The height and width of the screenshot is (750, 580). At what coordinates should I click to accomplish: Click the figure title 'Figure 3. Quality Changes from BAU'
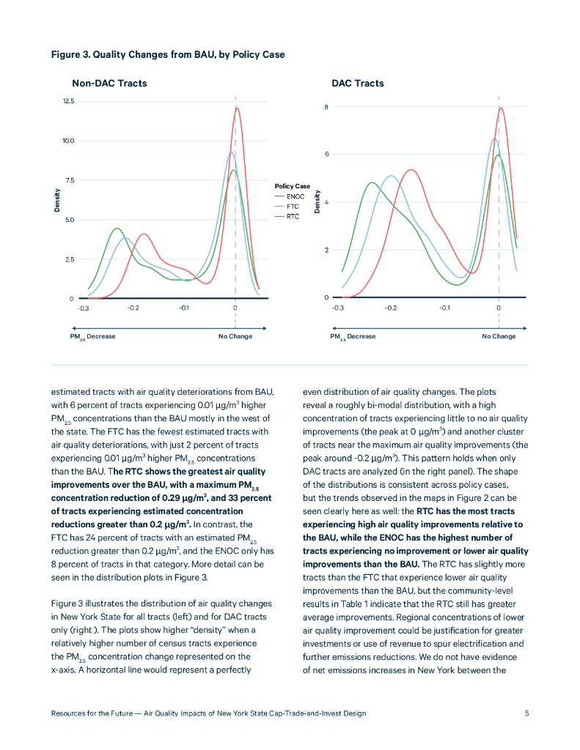pyautogui.click(x=168, y=55)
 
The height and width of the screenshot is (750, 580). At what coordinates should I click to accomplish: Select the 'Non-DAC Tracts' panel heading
pyautogui.click(x=109, y=83)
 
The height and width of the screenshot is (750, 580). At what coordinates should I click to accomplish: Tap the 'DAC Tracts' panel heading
pyautogui.click(x=357, y=83)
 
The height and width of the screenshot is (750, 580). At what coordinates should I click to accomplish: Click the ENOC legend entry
pyautogui.click(x=294, y=197)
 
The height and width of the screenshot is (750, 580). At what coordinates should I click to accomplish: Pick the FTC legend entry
pyautogui.click(x=293, y=207)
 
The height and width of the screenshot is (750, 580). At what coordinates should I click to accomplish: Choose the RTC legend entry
pyautogui.click(x=293, y=217)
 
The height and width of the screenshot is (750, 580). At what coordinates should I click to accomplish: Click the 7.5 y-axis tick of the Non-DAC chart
pyautogui.click(x=69, y=180)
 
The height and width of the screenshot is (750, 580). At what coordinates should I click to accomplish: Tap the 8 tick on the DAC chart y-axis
pyautogui.click(x=326, y=107)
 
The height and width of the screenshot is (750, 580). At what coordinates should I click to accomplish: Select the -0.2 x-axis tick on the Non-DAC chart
pyautogui.click(x=133, y=308)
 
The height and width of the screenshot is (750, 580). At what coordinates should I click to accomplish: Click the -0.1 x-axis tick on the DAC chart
pyautogui.click(x=444, y=308)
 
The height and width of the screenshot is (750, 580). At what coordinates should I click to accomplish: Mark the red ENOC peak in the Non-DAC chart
pyautogui.click(x=237, y=108)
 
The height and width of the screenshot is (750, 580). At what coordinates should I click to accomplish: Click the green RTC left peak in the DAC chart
pyautogui.click(x=372, y=183)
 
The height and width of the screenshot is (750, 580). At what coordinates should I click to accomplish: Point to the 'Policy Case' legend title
pyautogui.click(x=293, y=187)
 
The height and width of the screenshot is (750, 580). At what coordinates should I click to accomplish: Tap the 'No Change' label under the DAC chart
pyautogui.click(x=499, y=336)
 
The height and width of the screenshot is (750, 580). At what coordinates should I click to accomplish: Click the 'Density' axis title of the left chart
pyautogui.click(x=57, y=201)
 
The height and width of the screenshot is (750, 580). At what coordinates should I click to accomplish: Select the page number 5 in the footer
pyautogui.click(x=526, y=713)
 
